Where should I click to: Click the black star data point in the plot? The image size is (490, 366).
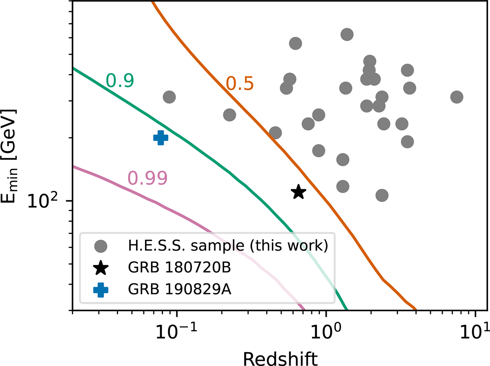[298, 192]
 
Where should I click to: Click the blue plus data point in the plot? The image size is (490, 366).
[161, 138]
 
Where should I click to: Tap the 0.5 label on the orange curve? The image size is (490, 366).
[241, 83]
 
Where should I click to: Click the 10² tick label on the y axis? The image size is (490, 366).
[45, 200]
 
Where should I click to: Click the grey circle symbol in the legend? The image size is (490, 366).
[101, 246]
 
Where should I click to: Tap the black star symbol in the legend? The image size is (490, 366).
[101, 268]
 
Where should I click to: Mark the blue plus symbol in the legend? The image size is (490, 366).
[101, 290]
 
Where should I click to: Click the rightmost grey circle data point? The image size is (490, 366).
[457, 97]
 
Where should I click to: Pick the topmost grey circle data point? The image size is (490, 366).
[346, 34]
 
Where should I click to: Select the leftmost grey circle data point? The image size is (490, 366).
[169, 97]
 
